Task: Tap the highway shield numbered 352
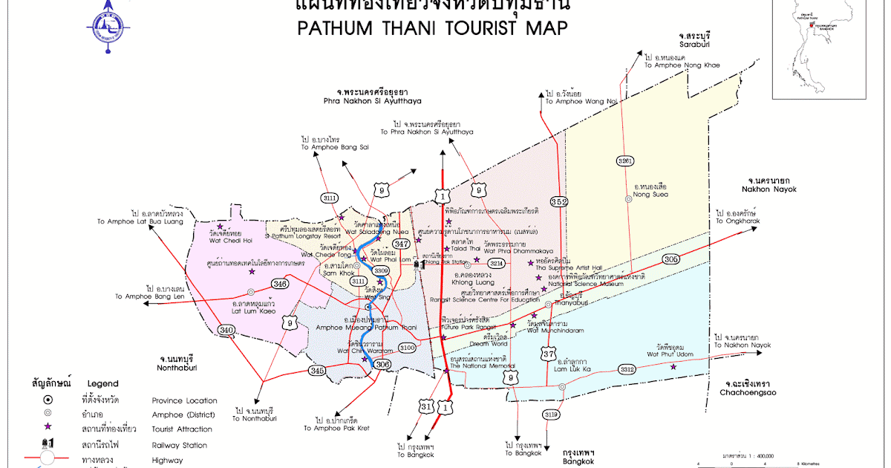(559, 201)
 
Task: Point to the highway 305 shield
(671, 259)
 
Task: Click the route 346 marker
(280, 284)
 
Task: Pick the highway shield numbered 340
(226, 330)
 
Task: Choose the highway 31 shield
(425, 407)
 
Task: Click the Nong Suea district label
(650, 195)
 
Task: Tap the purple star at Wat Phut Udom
(673, 366)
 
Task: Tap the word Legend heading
(102, 384)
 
